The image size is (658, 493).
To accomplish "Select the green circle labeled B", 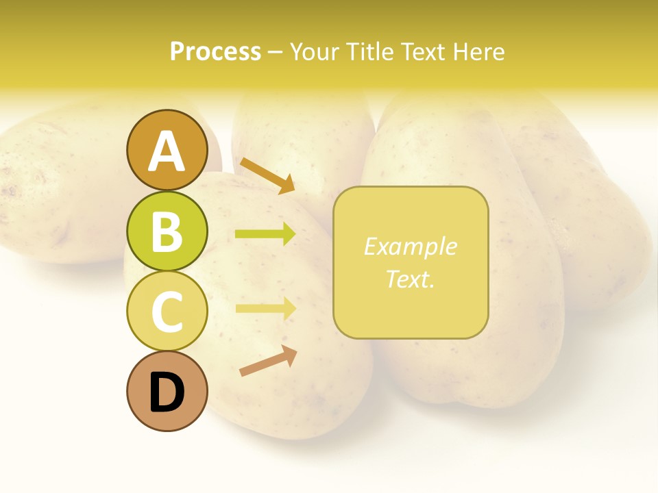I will [x=167, y=231].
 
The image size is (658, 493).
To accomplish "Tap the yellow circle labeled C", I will [x=167, y=312].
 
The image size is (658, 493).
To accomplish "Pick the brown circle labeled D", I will [x=167, y=392].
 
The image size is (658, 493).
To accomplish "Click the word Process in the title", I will [x=215, y=52].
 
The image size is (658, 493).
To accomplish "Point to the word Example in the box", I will [x=411, y=246].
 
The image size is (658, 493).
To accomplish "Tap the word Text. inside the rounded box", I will [x=411, y=279].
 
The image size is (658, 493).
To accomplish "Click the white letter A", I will [x=167, y=151].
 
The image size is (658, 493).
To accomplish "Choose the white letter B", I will [x=167, y=231].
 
